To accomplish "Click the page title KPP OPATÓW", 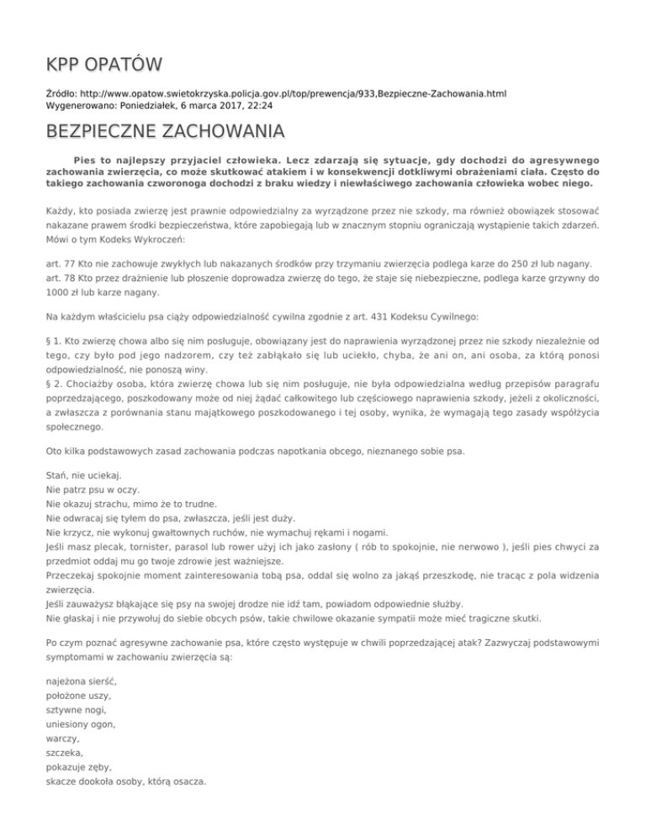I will coord(104,65).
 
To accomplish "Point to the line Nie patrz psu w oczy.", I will coord(93,493).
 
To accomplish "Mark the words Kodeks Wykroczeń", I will coord(138,238).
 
